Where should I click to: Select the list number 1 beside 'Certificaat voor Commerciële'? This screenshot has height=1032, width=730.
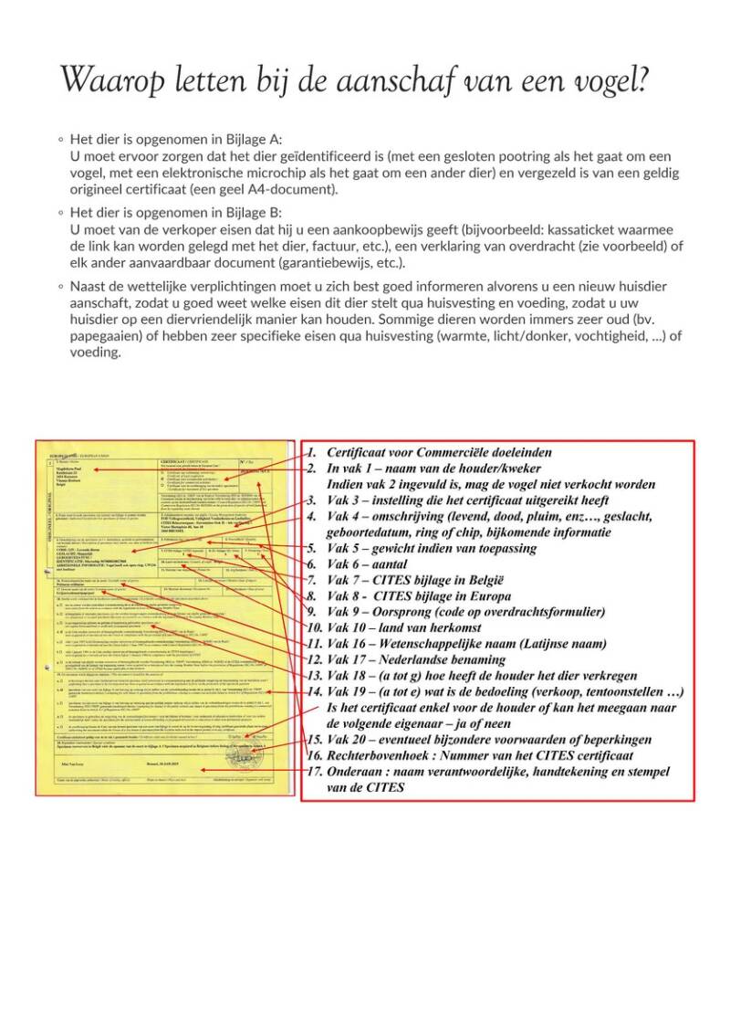click(x=311, y=452)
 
